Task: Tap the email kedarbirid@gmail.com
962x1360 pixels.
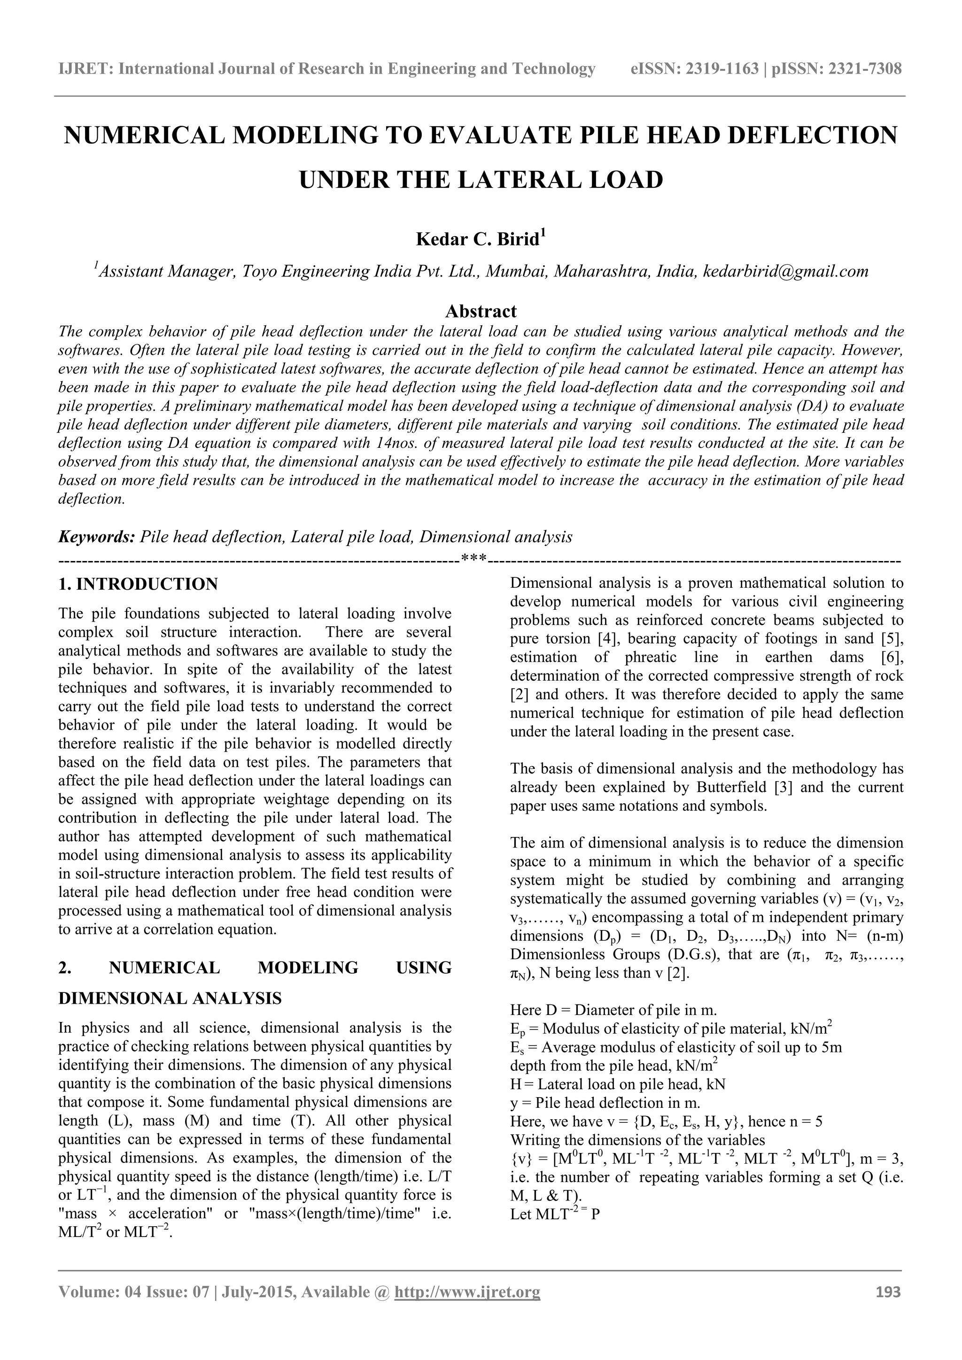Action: (x=785, y=272)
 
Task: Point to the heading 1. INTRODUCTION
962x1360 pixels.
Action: (x=138, y=584)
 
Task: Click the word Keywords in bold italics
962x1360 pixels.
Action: (x=97, y=537)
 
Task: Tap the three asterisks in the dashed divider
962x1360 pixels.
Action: (x=473, y=559)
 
